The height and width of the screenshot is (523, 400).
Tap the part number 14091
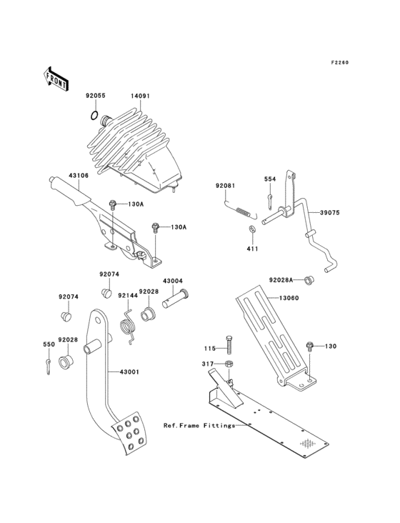pyautogui.click(x=140, y=94)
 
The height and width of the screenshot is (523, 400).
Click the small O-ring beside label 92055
pyautogui.click(x=94, y=115)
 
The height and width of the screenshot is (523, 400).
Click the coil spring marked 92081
pyautogui.click(x=241, y=210)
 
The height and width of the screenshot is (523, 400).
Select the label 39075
pyautogui.click(x=329, y=213)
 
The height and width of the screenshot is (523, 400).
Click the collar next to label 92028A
pyautogui.click(x=310, y=279)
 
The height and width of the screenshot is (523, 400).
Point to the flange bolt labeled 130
pyautogui.click(x=311, y=347)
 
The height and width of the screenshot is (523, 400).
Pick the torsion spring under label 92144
pyautogui.click(x=129, y=326)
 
